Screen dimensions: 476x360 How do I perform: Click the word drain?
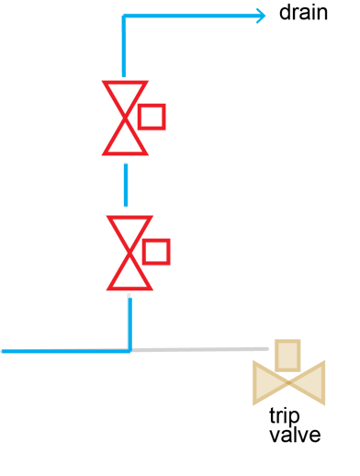(x=303, y=15)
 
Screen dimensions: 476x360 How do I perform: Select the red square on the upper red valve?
(x=152, y=118)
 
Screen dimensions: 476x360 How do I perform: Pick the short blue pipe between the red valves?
(x=125, y=185)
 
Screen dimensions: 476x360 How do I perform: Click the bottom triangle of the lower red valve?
(x=129, y=272)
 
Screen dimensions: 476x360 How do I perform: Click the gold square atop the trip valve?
(x=288, y=356)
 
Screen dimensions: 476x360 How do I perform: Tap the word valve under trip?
(x=295, y=435)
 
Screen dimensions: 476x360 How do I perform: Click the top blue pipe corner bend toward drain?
(x=124, y=17)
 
